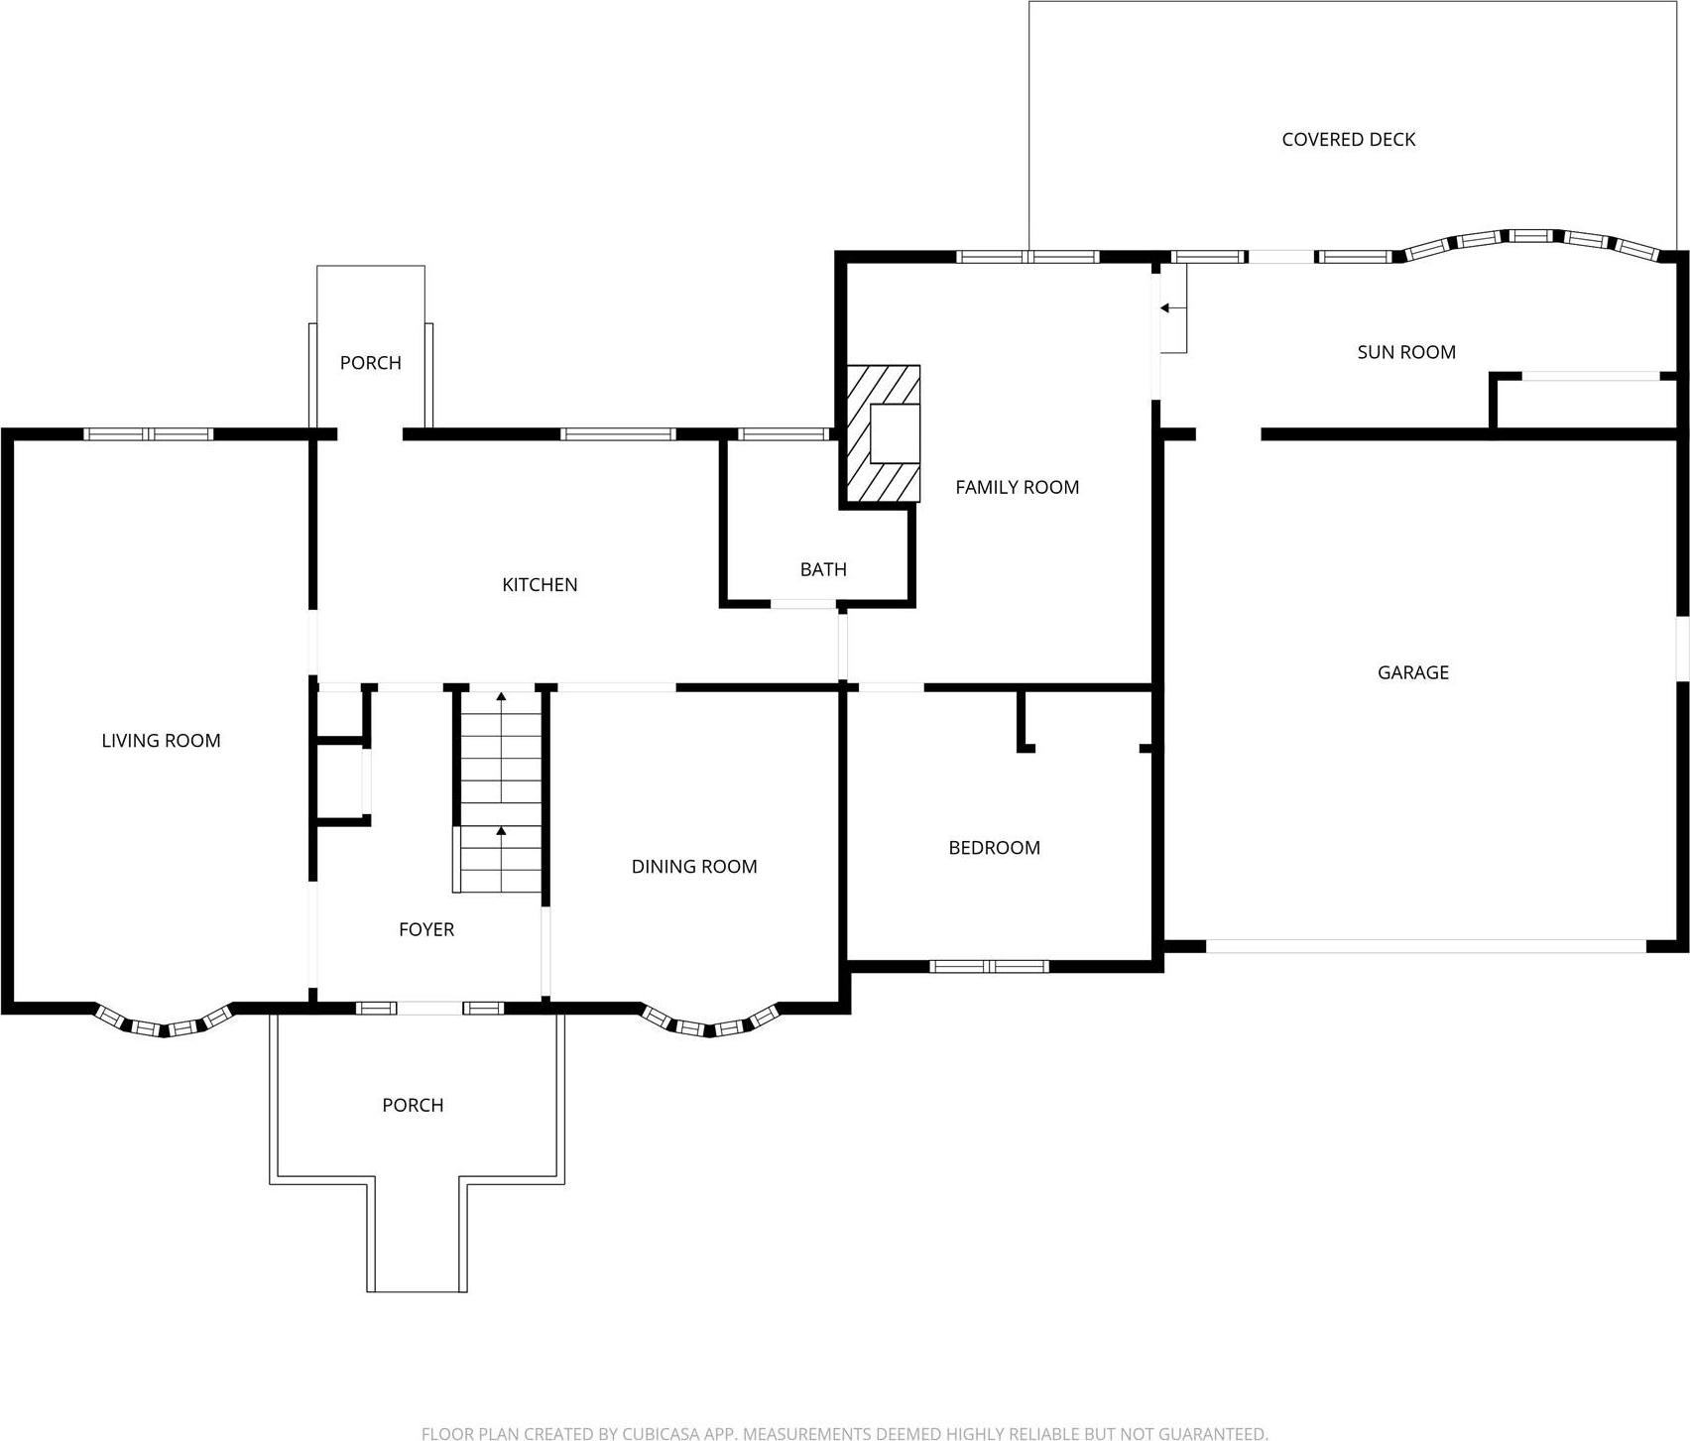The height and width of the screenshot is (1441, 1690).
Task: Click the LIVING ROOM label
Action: click(x=161, y=740)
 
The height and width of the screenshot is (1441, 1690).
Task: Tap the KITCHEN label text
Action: click(x=540, y=584)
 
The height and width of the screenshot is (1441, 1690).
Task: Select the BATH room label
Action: click(x=823, y=569)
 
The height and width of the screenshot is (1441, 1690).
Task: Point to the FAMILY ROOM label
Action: click(x=1017, y=487)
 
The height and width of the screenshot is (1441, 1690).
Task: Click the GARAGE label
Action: click(x=1412, y=672)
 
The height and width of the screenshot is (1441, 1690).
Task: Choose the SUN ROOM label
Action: click(x=1405, y=352)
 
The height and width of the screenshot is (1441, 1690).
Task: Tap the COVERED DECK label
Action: click(x=1348, y=140)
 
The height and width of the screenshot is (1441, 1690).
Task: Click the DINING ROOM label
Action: click(x=694, y=866)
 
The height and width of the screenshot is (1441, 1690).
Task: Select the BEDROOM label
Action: click(x=994, y=847)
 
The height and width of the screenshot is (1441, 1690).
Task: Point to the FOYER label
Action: click(x=426, y=929)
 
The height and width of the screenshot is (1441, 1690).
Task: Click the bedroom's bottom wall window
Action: click(x=989, y=966)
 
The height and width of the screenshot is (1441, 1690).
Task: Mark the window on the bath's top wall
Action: click(x=784, y=433)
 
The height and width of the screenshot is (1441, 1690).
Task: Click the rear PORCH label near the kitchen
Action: click(x=370, y=363)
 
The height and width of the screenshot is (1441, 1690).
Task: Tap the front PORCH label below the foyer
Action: click(x=413, y=1105)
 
